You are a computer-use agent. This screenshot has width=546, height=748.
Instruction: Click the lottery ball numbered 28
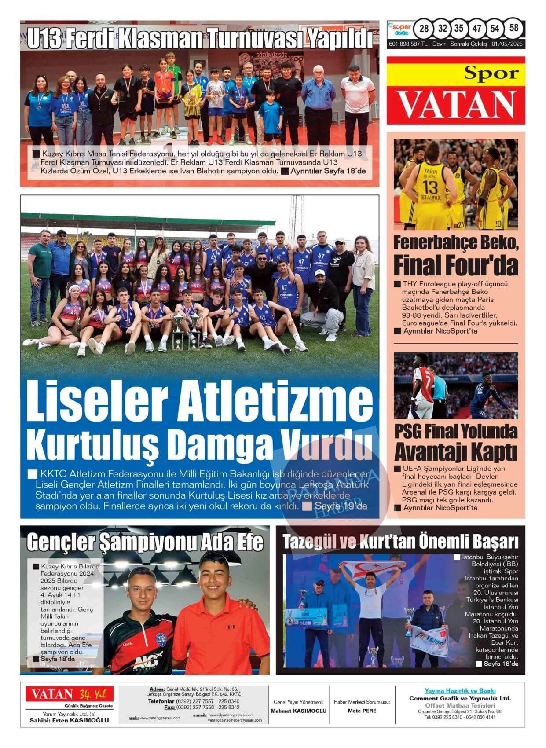point(424,29)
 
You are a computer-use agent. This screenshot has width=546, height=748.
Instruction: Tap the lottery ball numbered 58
point(513,28)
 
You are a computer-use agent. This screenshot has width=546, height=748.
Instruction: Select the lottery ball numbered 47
point(477,29)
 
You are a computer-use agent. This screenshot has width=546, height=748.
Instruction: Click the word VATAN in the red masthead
point(456,105)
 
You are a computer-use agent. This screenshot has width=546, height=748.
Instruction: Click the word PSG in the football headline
point(407,431)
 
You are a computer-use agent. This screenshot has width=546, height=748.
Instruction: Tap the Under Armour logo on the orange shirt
point(231,626)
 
